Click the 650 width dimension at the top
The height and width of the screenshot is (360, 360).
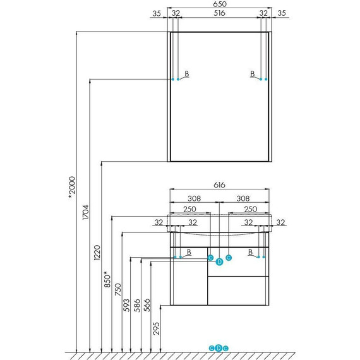pos(219,4)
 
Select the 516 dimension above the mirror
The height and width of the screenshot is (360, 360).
pos(219,13)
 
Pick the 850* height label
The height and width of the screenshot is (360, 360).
pos(108,279)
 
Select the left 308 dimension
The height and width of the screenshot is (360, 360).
pos(195,198)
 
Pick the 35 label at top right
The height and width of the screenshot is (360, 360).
pos(282,13)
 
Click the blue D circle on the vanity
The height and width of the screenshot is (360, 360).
pos(219,261)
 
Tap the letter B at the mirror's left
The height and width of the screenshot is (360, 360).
pos(187,74)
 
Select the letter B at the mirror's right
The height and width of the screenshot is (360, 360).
pos(252,74)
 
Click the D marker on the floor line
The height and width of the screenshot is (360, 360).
pos(219,348)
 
